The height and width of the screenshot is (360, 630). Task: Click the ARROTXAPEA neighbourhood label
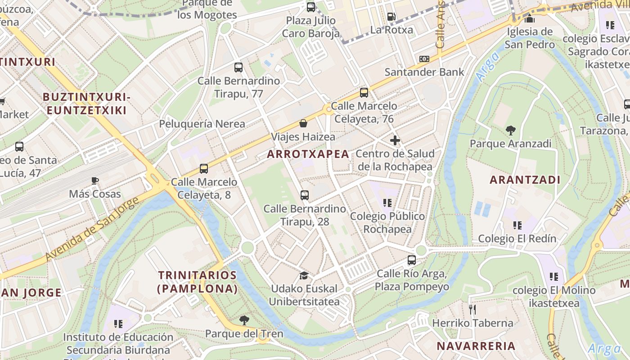tap(308, 154)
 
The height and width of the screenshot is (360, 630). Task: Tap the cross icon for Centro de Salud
tap(395, 140)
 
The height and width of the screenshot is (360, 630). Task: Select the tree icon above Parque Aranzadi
tap(510, 130)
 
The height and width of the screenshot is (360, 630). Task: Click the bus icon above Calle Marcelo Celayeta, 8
tap(204, 169)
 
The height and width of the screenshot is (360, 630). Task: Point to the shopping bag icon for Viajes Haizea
tap(304, 123)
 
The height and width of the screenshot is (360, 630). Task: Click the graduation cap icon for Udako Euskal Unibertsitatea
tap(304, 275)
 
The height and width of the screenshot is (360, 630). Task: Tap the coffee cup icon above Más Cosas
tap(95, 181)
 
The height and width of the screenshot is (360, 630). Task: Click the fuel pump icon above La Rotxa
tap(391, 17)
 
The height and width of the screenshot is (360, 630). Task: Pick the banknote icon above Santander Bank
tap(424, 59)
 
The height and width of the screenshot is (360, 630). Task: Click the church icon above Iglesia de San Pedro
tap(530, 19)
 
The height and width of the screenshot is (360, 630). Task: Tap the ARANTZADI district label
tap(525, 180)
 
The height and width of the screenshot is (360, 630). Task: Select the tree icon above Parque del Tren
tap(244, 320)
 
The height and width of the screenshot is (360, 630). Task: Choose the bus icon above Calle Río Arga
tap(412, 260)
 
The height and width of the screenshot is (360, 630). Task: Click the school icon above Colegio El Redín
tap(517, 225)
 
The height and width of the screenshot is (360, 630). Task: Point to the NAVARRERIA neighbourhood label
tap(476, 346)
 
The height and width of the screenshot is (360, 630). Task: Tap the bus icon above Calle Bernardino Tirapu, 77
tap(238, 67)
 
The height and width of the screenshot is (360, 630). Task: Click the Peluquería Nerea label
tap(202, 124)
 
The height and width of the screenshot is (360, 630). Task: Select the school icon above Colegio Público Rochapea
tap(387, 203)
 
